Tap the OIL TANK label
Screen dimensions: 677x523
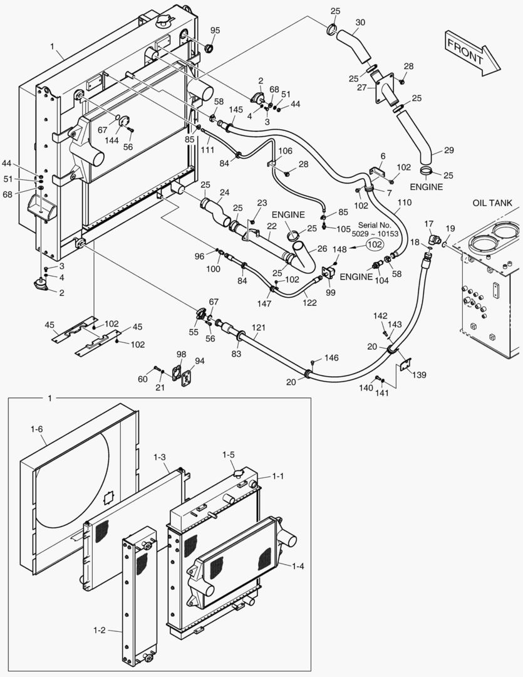pos(492,202)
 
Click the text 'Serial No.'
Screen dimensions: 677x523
pos(375,224)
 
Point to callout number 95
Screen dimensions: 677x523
pos(215,31)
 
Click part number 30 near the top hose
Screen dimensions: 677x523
pos(360,22)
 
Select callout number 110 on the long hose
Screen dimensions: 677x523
pos(405,203)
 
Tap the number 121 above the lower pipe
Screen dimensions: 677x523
pos(258,327)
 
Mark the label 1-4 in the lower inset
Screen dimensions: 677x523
pos(298,566)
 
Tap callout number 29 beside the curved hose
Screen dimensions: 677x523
pos(449,150)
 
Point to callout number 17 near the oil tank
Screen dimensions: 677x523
pos(429,223)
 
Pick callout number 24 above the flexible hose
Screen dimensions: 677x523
pos(224,192)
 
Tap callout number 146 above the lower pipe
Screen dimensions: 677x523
pos(331,358)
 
